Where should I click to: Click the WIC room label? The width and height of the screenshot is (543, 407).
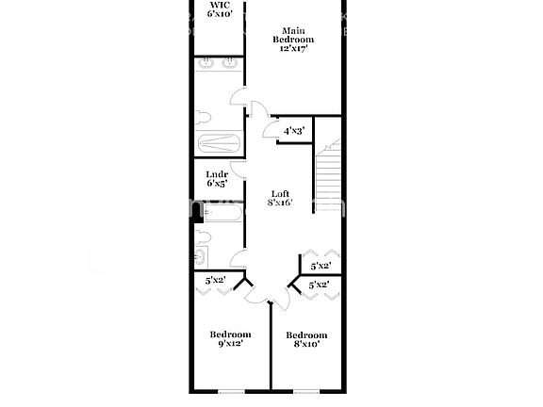tap(219, 5)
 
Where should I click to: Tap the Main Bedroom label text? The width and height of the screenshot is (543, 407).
tap(293, 35)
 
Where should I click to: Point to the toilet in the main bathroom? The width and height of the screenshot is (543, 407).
tap(205, 119)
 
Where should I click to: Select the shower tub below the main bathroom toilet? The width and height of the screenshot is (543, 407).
tap(220, 145)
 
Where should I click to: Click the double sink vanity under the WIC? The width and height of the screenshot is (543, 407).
tap(220, 66)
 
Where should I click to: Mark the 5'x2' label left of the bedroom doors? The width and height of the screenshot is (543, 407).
tap(217, 280)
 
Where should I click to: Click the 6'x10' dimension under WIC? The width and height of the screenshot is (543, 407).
tap(219, 15)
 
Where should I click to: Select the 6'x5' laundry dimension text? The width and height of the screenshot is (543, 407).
tap(218, 184)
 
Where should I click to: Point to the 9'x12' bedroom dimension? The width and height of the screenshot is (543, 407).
tap(230, 346)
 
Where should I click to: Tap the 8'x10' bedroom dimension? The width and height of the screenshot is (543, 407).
tap(306, 346)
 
